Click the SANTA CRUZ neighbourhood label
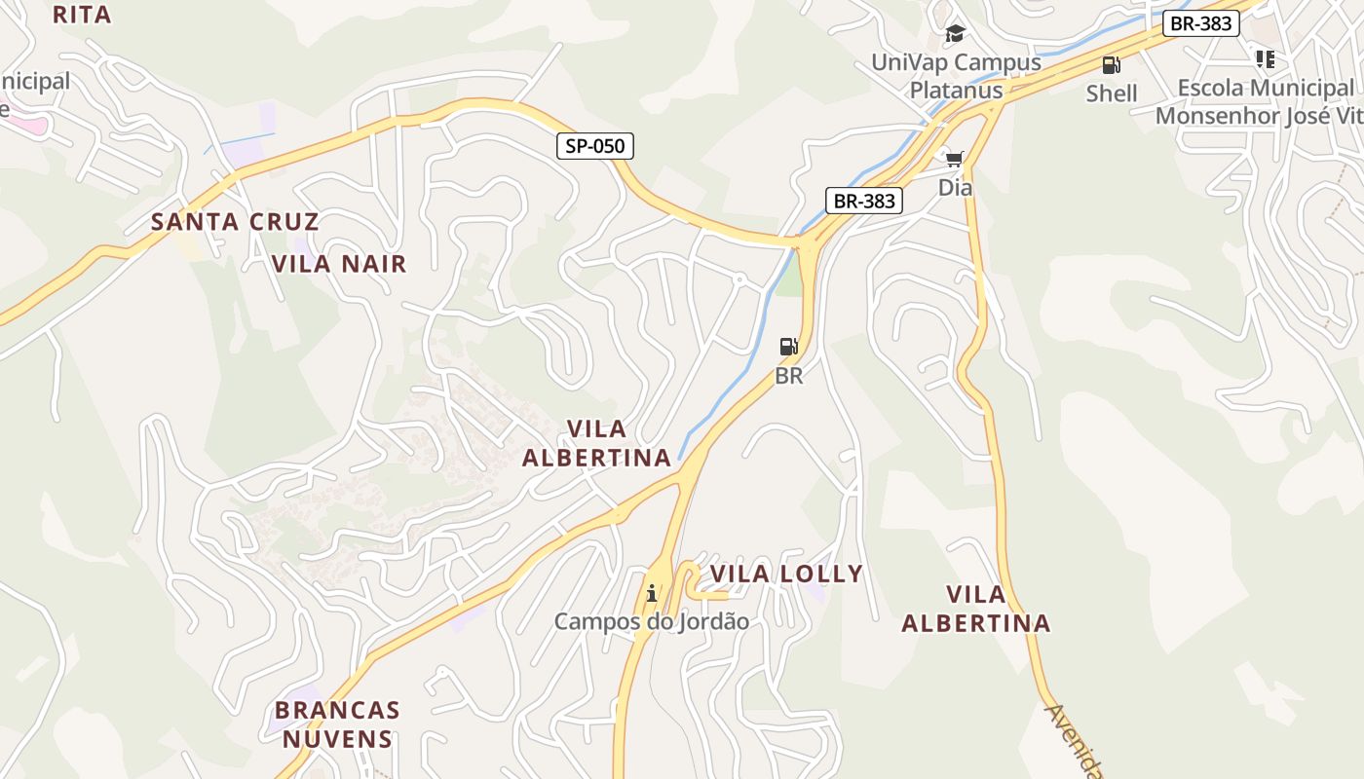[235, 222]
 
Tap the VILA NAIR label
[339, 264]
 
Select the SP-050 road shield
[595, 147]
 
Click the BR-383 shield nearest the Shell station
[1200, 23]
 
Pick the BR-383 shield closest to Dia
[864, 201]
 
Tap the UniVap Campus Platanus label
[956, 76]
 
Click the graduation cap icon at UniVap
[955, 34]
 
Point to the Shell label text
[1112, 93]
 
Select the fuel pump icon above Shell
[1111, 65]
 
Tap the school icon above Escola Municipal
[1265, 59]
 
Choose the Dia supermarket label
[955, 187]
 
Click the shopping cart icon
[954, 158]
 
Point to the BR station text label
[789, 376]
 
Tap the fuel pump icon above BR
[788, 347]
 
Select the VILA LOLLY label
[786, 575]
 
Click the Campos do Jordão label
[652, 621]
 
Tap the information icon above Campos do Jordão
[652, 592]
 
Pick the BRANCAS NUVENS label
[337, 724]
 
